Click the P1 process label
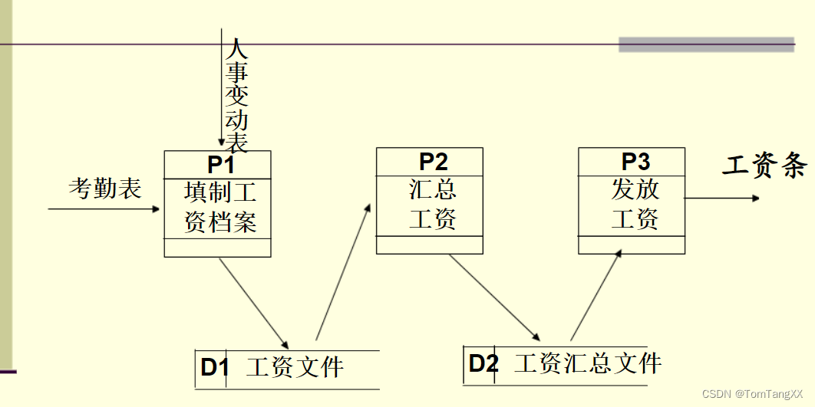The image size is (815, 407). tap(220, 165)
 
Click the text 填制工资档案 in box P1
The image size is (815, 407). tap(219, 207)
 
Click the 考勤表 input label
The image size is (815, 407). tap(105, 188)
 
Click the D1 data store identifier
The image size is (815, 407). tap(215, 367)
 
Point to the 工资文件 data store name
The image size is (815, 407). tap(295, 367)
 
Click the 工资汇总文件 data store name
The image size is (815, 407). tap(587, 363)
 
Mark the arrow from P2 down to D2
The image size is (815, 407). tap(494, 297)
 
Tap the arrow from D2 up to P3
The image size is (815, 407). tap(596, 297)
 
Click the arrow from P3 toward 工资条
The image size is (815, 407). tap(721, 198)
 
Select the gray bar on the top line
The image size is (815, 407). tap(706, 44)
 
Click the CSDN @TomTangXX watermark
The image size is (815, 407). tap(752, 393)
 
